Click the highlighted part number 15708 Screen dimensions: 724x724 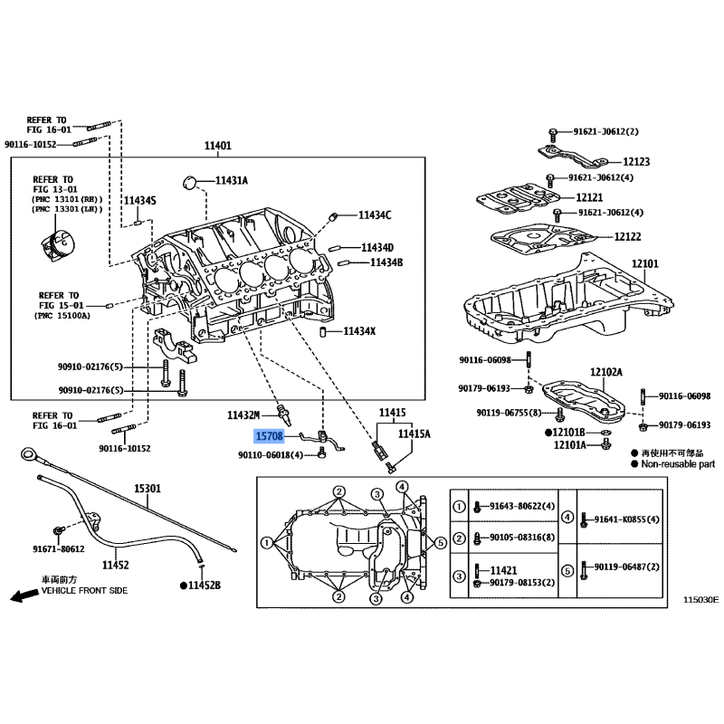pos(269,435)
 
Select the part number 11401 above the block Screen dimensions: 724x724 pos(217,145)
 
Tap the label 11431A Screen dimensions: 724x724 pos(231,181)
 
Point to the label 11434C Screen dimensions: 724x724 pos(374,215)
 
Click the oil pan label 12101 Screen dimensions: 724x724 pos(645,263)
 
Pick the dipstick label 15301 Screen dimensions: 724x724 pos(148,489)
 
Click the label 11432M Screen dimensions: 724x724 pos(243,414)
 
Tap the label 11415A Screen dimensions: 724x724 pos(415,434)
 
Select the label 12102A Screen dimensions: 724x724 pos(605,372)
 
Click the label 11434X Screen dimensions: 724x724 pos(359,331)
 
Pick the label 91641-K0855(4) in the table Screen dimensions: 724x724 pos(627,519)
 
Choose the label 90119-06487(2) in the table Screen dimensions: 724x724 pos(630,567)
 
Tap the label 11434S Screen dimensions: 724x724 pos(140,200)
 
